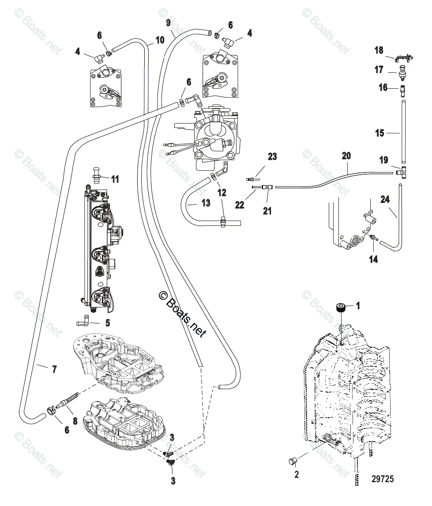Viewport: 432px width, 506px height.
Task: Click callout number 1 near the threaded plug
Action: click(358, 305)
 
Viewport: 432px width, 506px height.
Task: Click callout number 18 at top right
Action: click(379, 50)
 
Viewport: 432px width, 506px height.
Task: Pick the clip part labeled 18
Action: click(402, 57)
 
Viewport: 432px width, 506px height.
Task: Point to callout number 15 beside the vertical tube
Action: click(379, 133)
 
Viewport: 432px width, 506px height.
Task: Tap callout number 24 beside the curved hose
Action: click(385, 200)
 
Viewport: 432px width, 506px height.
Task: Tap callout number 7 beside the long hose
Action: click(54, 369)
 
